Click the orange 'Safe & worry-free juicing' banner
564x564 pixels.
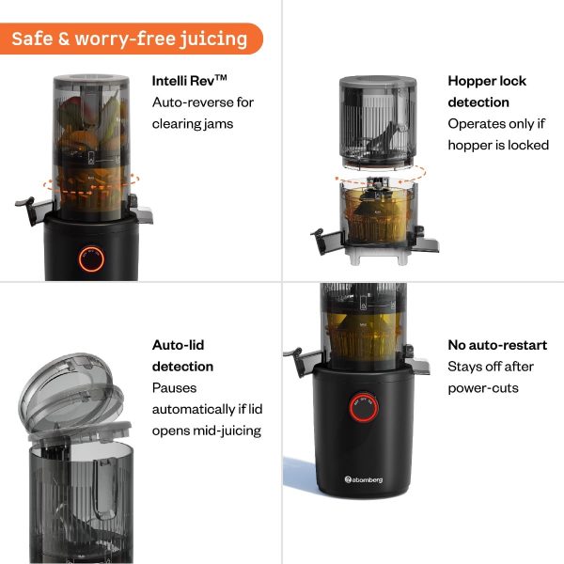click(x=130, y=39)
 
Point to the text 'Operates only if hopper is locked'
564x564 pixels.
click(x=497, y=134)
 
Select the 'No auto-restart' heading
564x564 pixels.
click(x=497, y=345)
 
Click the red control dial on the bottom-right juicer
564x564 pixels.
click(x=362, y=408)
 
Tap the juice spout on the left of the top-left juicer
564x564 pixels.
click(x=26, y=206)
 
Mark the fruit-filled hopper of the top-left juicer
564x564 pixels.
click(x=91, y=132)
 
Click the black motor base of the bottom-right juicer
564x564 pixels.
click(x=362, y=442)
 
